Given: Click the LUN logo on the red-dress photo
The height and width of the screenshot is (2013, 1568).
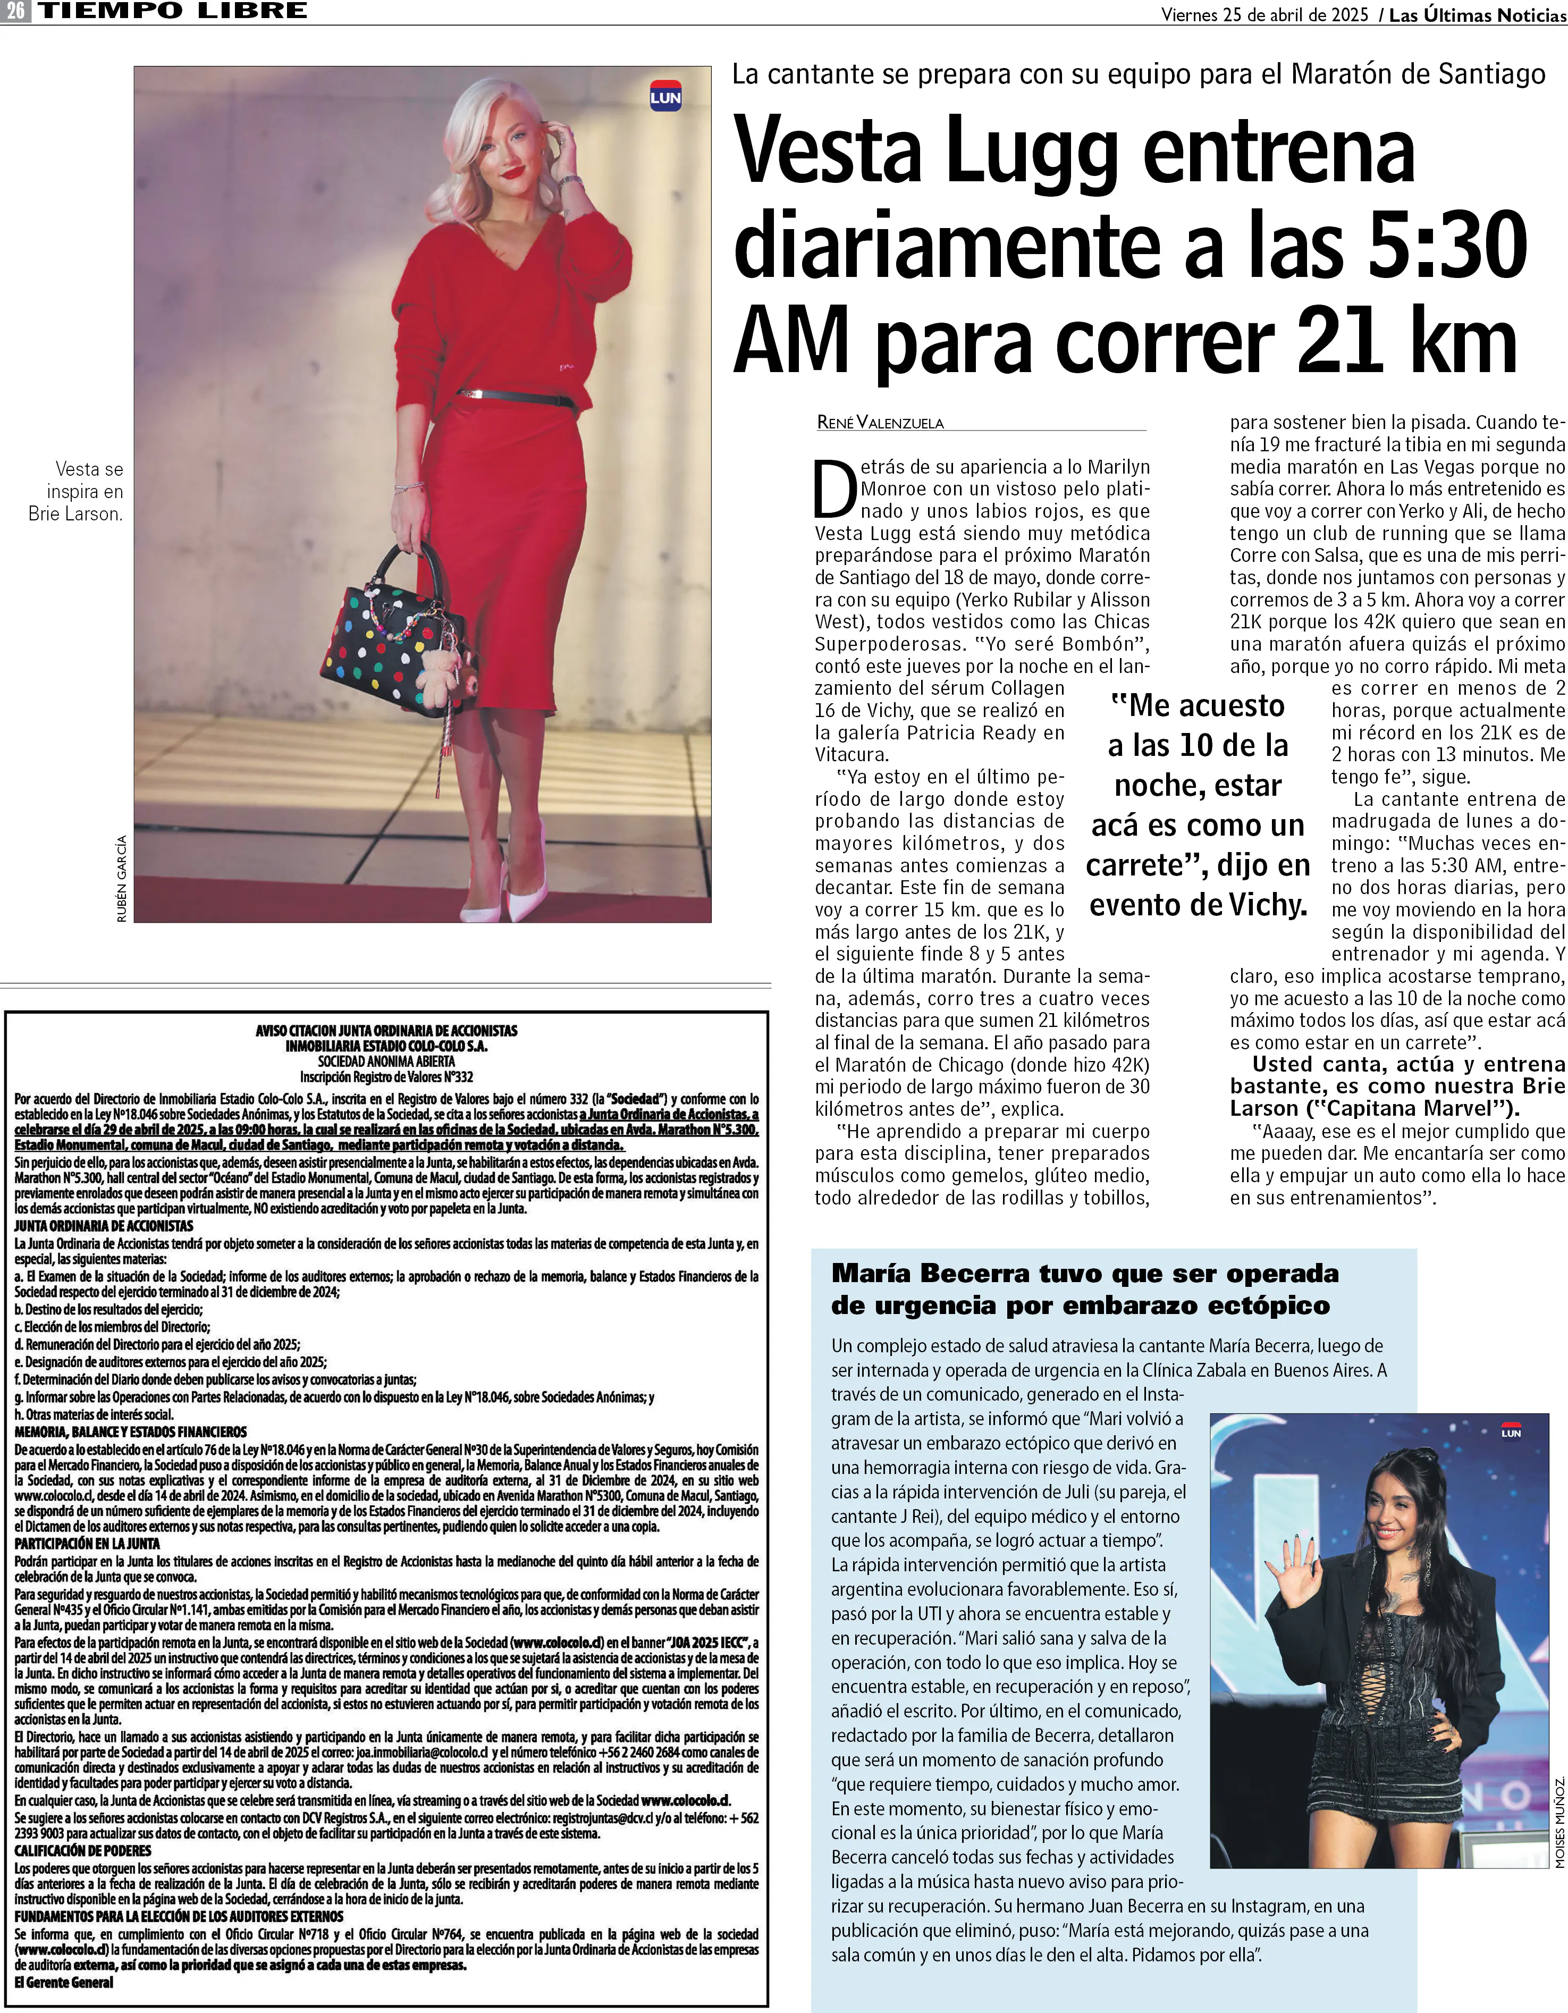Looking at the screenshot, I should click(x=665, y=96).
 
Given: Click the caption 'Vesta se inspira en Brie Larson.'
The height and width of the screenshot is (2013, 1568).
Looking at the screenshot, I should click(x=78, y=491).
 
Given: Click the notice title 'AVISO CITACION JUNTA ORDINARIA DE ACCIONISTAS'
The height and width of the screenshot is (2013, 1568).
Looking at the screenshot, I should click(x=386, y=1031).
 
